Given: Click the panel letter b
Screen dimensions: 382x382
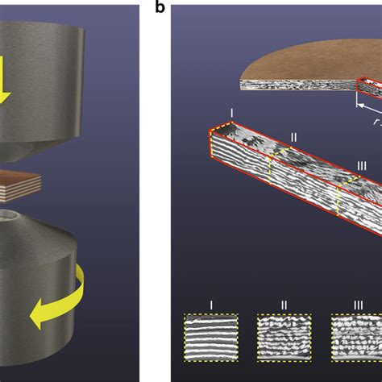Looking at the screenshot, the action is pyautogui.click(x=160, y=6).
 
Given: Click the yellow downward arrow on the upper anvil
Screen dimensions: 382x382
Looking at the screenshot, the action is pyautogui.click(x=4, y=80).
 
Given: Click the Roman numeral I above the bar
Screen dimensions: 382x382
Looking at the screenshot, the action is pyautogui.click(x=231, y=113).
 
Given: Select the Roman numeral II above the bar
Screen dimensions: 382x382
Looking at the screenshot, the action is pyautogui.click(x=294, y=137).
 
